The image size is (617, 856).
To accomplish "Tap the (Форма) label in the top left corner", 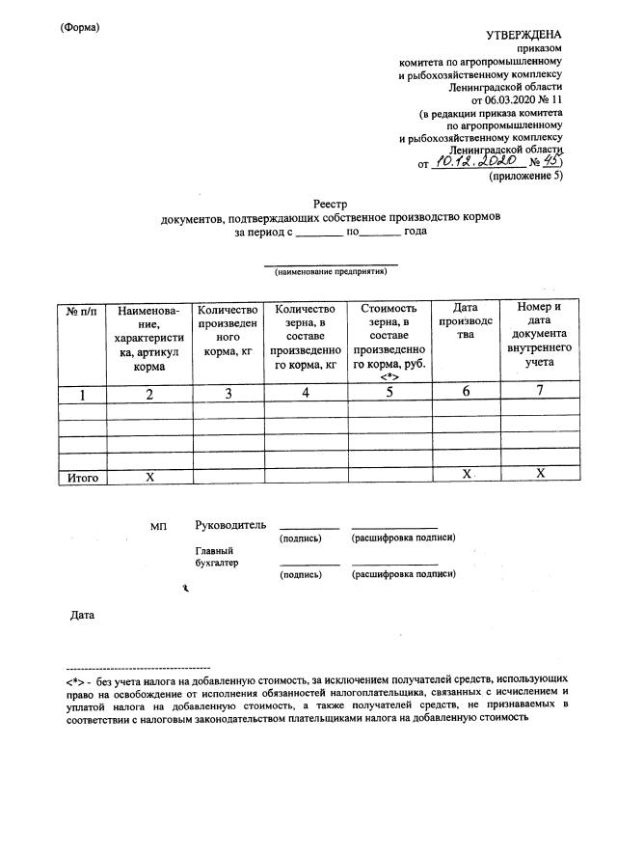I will pos(80,26).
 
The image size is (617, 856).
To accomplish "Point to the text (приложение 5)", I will pos(526,178).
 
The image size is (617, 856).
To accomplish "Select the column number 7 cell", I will pos(541,391).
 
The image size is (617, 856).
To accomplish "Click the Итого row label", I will pos(82,476).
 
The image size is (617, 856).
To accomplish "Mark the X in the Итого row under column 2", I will pos(149,476).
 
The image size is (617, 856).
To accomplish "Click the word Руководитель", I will pos(229,525).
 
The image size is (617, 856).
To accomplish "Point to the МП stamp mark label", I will pos(158,527).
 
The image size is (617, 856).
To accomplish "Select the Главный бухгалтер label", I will pos(216,557).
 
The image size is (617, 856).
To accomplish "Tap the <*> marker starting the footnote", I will pos(75,679).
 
